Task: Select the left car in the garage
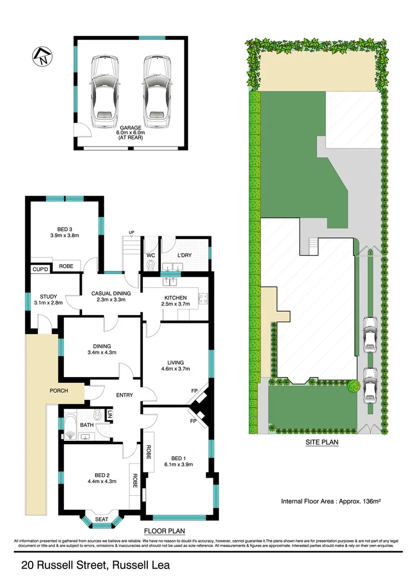coord(105,91)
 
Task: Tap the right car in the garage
coord(156,91)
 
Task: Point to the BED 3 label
coord(64,231)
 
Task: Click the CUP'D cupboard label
coord(39,270)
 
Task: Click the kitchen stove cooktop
coord(203,299)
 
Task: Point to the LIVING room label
coord(175,364)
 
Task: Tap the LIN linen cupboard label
coord(110,415)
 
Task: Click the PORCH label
coord(59,391)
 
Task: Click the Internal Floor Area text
coord(333,500)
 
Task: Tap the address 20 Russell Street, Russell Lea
coord(95,566)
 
